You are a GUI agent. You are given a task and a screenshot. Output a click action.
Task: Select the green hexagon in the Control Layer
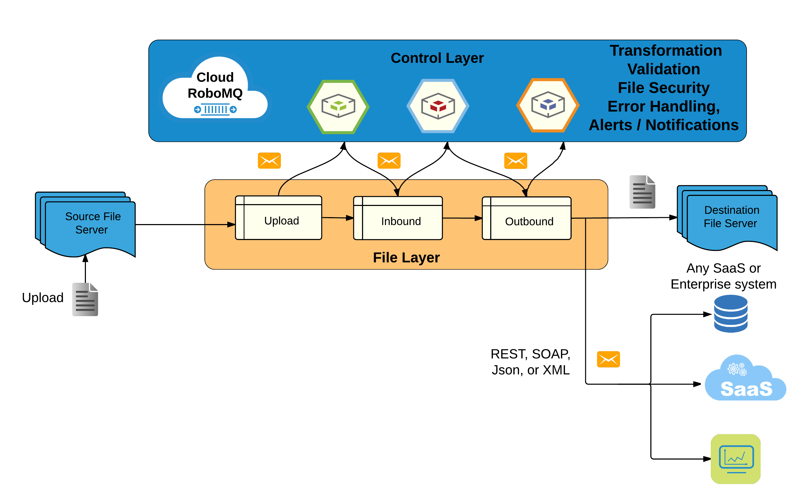point(338,107)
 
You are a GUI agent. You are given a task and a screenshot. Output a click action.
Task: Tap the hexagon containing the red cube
point(438,106)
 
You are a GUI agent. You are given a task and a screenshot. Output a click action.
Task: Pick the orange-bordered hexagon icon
point(547,105)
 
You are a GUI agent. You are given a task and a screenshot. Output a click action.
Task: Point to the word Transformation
point(666,51)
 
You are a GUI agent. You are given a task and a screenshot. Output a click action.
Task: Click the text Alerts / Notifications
point(663,125)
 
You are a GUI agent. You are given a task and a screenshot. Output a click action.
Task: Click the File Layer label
point(406,258)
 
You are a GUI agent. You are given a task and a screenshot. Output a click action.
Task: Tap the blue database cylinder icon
point(730,313)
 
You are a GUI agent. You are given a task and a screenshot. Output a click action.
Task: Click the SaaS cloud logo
point(745,378)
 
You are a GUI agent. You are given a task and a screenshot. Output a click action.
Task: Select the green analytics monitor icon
point(735,459)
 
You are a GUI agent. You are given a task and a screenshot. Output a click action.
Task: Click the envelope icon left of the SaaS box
point(608,359)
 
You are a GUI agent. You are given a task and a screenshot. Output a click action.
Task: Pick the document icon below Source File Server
point(85,299)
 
